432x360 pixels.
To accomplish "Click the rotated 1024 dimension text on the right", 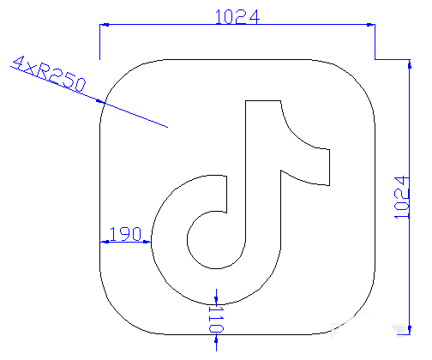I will pyautogui.click(x=399, y=198).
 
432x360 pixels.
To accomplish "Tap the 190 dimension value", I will pyautogui.click(x=126, y=233).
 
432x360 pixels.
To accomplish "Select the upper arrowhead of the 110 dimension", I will pyautogui.click(x=218, y=297).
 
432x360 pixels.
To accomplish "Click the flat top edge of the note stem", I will pyautogui.click(x=263, y=100).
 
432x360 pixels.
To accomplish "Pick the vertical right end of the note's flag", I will pyautogui.click(x=329, y=166).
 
